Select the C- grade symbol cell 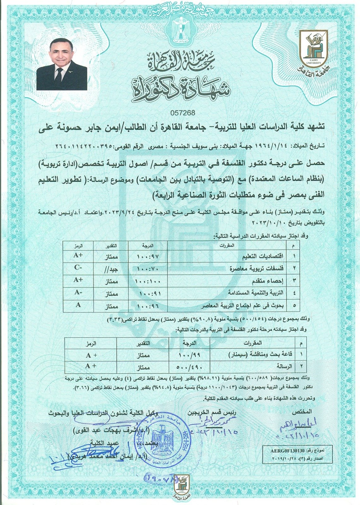click(x=78, y=268)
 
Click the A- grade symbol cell click(x=78, y=293)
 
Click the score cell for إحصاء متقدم click(x=147, y=281)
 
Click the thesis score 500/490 click(x=190, y=367)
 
